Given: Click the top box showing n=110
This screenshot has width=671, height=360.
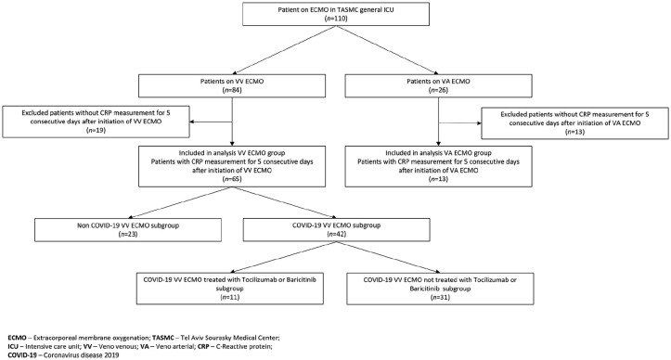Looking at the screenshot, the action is click(x=336, y=14).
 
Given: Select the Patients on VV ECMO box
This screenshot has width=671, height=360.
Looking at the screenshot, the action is click(x=232, y=85).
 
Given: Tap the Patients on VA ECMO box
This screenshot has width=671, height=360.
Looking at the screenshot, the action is click(x=439, y=85).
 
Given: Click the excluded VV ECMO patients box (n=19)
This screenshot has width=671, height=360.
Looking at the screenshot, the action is click(x=96, y=122).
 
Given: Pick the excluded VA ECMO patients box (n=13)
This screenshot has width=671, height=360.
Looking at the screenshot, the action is click(x=574, y=122).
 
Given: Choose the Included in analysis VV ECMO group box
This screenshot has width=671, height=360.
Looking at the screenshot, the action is click(x=232, y=166).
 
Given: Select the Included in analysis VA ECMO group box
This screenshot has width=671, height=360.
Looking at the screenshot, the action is click(x=439, y=166).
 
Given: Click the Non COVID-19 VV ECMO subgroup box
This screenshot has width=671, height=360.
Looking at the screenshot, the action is click(x=128, y=230).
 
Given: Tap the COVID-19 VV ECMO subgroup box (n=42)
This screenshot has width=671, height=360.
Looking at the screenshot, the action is click(x=336, y=230).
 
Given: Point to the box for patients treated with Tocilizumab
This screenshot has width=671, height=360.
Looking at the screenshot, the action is click(x=230, y=289).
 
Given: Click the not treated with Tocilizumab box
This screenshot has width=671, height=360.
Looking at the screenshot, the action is click(x=440, y=289).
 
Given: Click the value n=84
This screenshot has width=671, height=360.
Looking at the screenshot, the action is click(x=232, y=89).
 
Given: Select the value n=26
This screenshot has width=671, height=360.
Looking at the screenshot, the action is click(x=439, y=89).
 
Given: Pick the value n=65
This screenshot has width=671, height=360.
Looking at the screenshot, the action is click(x=232, y=179).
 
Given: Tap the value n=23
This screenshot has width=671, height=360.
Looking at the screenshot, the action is click(x=128, y=234).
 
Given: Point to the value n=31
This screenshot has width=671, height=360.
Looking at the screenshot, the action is click(x=440, y=297).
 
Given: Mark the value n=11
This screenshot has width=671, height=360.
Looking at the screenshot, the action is click(x=230, y=297).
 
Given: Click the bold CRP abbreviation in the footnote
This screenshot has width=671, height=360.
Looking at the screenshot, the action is click(x=203, y=346).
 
